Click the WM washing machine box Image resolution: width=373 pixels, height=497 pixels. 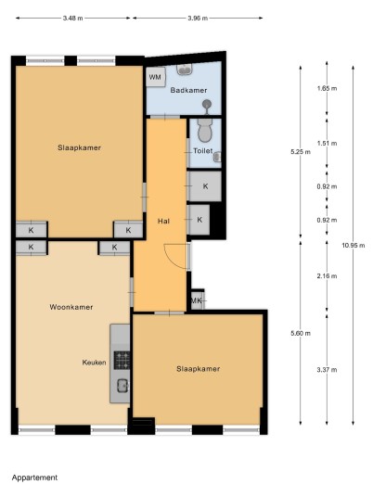pos(156,77)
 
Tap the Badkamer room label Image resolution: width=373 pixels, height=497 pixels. pos(188,90)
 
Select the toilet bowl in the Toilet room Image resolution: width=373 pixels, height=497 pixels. pos(205,130)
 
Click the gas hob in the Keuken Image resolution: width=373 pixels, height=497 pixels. pos(122,361)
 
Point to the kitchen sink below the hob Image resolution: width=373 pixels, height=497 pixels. pos(122,386)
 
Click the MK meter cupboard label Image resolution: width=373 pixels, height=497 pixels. pos(197,300)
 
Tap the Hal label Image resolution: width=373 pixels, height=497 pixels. pos(163,222)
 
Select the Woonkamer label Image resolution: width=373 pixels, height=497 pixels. pos(71,307)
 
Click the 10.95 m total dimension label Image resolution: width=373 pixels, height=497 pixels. pos(354,246)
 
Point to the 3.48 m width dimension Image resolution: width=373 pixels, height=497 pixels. pos(73,18)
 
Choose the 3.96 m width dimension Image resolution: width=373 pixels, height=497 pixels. pos(198,18)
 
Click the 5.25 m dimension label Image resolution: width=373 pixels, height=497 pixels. pos(301,152)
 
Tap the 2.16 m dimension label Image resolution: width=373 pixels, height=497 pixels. pos(327,276)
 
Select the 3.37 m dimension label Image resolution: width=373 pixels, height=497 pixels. pos(327,370)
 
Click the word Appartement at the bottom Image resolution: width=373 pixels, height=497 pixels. pos(35,478)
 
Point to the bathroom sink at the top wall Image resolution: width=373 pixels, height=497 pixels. pos(185,70)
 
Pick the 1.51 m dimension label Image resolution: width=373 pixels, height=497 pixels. pos(327,144)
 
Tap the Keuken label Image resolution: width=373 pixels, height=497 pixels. pos(95,363)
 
